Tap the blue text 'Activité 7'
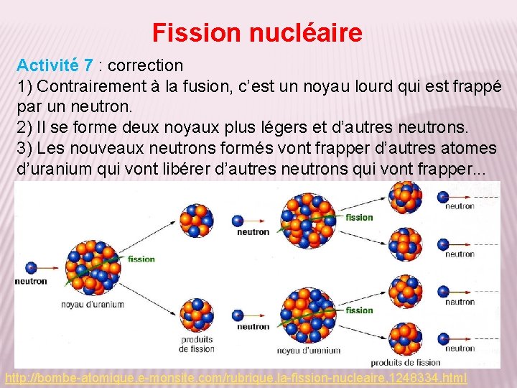(55, 65)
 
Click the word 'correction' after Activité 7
(146, 65)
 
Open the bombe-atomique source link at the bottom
(236, 377)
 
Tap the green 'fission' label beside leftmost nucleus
(141, 259)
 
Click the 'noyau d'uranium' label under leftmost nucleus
(93, 304)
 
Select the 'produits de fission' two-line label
(197, 344)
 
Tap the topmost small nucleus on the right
(406, 197)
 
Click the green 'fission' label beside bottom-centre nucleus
(359, 310)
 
